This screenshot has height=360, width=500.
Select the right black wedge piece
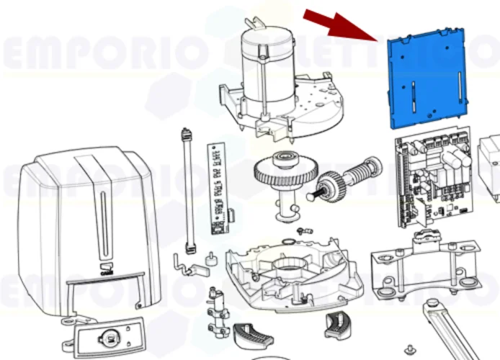pos(336,325)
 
